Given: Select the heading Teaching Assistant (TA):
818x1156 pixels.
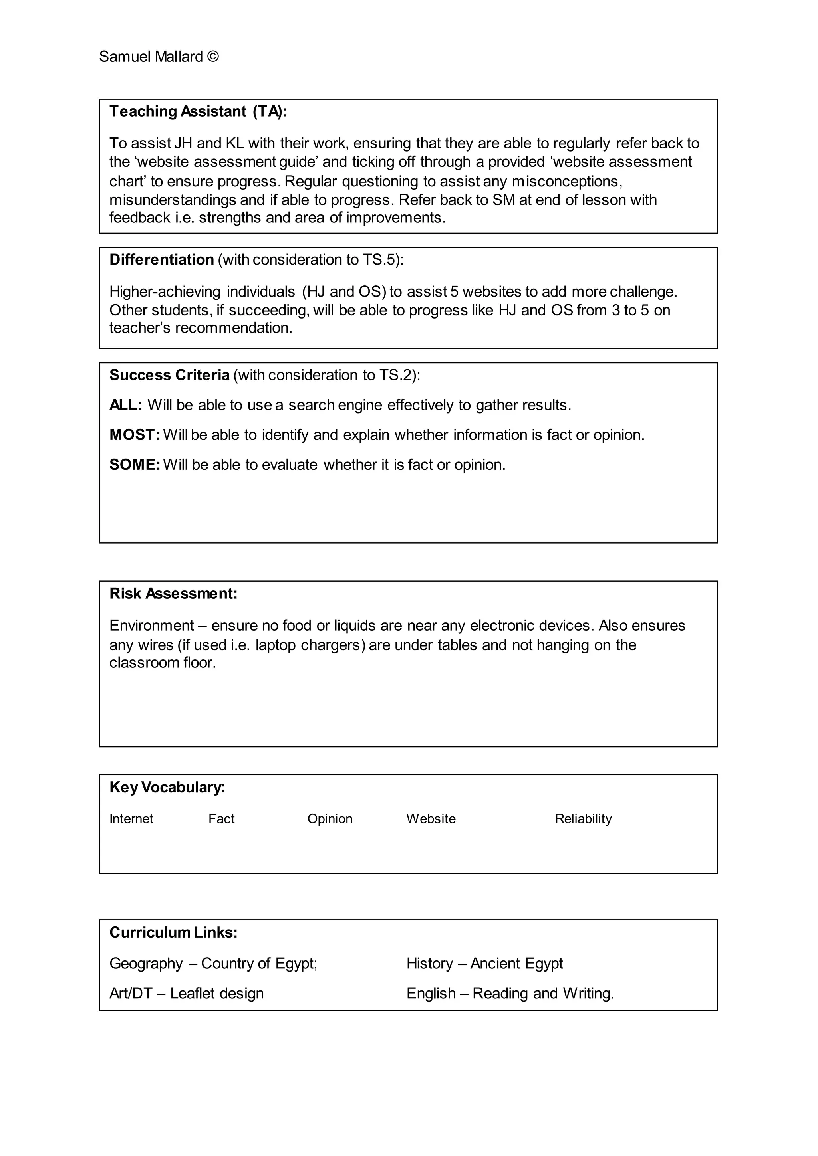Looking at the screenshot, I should click(198, 111).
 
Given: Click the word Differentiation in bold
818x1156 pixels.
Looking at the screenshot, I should click(162, 260).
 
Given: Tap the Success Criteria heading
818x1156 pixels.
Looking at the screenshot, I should click(169, 375).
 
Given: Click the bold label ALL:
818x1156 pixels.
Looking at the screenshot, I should click(125, 405).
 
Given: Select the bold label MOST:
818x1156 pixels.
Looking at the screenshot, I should click(135, 435).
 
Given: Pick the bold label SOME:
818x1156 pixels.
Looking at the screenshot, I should click(135, 465).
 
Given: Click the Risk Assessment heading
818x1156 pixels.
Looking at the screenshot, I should click(173, 594).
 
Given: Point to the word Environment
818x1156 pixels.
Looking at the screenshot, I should click(152, 626).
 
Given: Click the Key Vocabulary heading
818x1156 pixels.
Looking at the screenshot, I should click(167, 787).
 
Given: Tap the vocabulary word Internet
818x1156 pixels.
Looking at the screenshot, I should click(131, 819).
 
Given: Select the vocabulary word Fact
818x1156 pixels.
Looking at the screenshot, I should click(222, 819).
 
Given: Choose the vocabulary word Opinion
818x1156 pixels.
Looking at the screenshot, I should click(330, 819).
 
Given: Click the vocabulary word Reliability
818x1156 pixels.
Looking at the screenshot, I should click(583, 819).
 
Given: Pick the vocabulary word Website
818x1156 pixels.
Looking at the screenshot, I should click(431, 819).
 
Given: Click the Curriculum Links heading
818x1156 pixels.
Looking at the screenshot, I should click(173, 932).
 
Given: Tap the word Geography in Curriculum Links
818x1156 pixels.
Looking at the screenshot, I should click(146, 964).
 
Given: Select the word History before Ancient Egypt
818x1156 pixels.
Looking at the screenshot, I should click(430, 964).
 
